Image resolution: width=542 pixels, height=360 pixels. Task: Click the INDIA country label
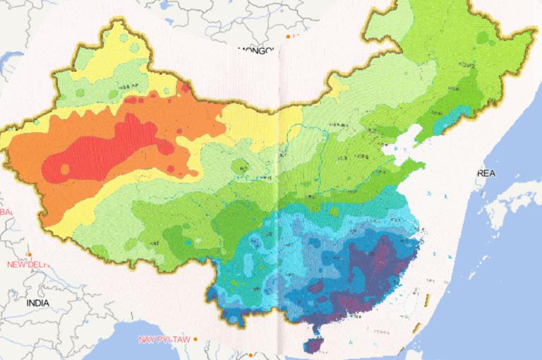click(38, 302)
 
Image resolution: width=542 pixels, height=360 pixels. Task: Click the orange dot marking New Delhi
click(30, 255)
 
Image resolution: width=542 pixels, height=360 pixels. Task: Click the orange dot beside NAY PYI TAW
click(195, 339)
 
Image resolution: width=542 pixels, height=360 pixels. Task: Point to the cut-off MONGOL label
click(255, 50)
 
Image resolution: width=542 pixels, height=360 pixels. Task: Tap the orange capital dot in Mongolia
click(288, 36)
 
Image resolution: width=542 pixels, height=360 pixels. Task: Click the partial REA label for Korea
click(487, 173)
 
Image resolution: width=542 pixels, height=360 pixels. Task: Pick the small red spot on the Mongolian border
click(185, 88)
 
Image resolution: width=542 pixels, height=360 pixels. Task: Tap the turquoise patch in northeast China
click(448, 120)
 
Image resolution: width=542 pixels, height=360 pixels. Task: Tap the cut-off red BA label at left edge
click(6, 212)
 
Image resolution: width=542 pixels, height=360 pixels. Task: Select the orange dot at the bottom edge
click(250, 355)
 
